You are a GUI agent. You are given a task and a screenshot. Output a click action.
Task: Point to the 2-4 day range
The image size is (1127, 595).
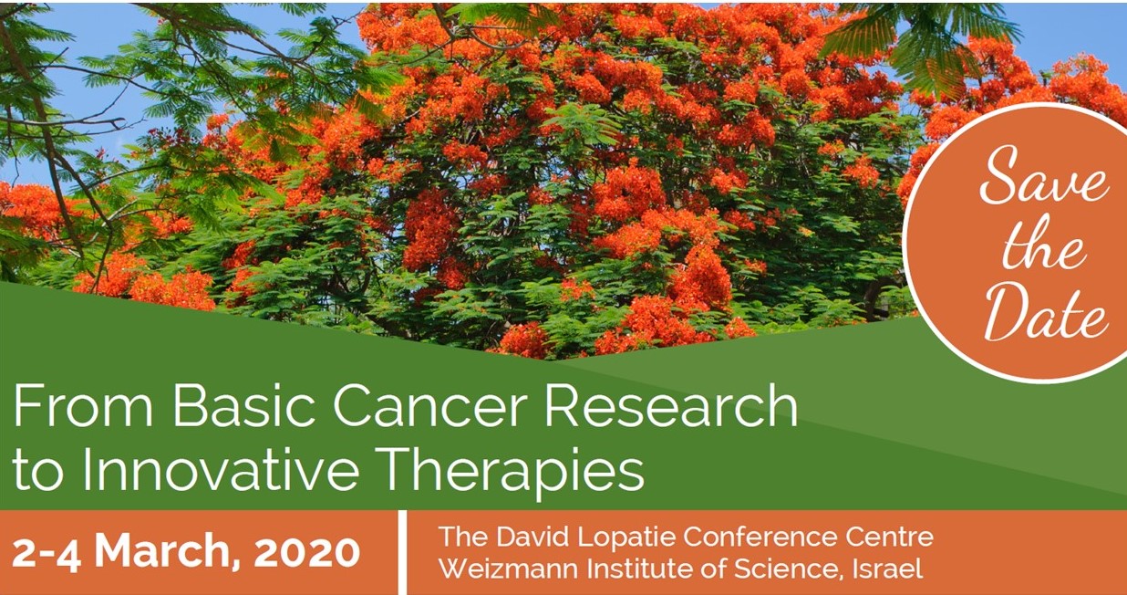pos(47,553)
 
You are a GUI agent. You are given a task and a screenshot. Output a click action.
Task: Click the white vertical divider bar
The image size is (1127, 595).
pos(402,552)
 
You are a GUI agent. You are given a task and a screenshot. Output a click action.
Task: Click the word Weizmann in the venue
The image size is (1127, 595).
pos(509,569)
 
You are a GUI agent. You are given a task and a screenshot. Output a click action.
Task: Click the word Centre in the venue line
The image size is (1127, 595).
pos(890,538)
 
